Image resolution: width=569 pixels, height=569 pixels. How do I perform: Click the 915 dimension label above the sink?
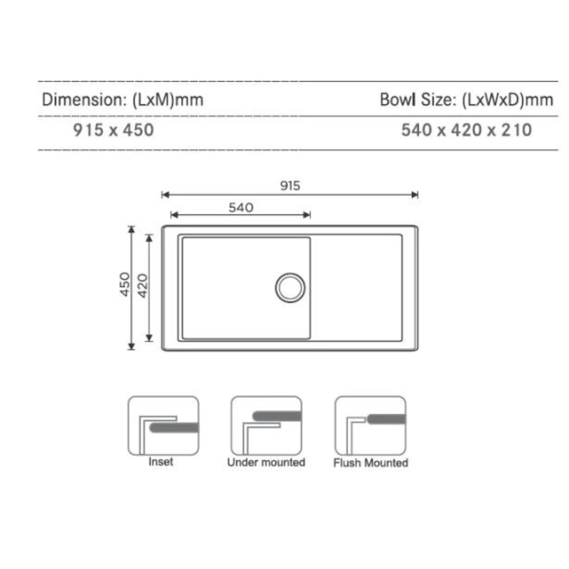click(x=290, y=185)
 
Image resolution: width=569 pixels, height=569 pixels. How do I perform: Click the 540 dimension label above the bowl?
click(x=241, y=207)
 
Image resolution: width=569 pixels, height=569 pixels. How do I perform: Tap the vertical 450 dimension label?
click(x=124, y=284)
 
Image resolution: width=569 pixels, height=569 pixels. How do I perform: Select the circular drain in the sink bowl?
click(x=290, y=287)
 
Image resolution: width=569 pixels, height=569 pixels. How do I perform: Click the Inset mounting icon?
click(x=163, y=426)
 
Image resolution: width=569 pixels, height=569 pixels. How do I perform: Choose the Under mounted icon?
click(x=266, y=426)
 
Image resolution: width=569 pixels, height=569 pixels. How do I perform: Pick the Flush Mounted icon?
click(x=370, y=426)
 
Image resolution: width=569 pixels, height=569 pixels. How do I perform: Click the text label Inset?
click(x=161, y=462)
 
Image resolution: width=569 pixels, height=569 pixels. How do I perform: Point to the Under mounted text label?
click(x=266, y=463)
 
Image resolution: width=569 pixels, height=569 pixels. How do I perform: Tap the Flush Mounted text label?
click(x=370, y=463)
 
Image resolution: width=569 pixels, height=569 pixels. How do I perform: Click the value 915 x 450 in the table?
click(x=113, y=130)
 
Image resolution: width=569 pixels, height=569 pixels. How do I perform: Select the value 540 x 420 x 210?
click(x=466, y=130)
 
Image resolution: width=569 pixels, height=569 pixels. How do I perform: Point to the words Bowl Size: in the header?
click(x=418, y=100)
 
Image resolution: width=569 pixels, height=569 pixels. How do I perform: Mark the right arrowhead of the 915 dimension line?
click(x=415, y=195)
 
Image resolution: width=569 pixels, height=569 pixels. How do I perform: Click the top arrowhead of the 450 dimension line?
click(x=131, y=229)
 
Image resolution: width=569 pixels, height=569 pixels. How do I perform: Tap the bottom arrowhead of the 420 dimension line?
click(x=149, y=338)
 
